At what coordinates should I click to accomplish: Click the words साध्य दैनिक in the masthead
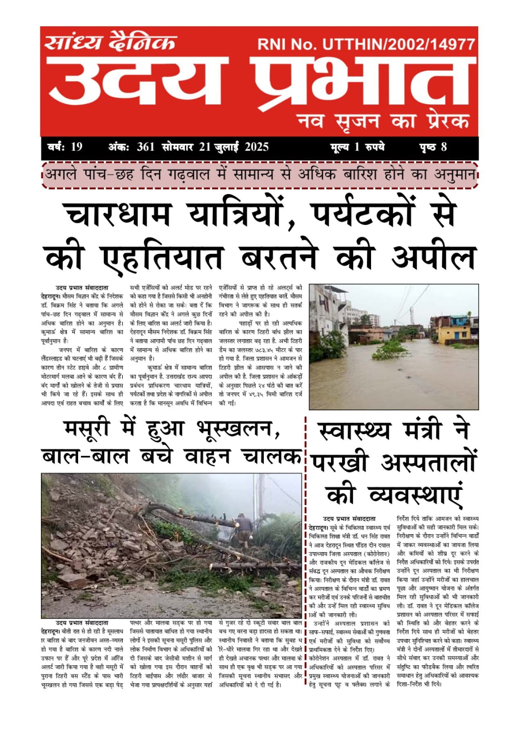(x=110, y=42)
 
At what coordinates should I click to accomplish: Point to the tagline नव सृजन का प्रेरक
(x=383, y=121)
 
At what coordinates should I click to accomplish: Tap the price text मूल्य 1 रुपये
(x=357, y=147)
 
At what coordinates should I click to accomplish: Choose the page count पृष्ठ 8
(x=433, y=147)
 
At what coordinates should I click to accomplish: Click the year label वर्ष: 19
(x=65, y=147)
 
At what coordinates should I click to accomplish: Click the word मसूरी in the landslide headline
(x=87, y=429)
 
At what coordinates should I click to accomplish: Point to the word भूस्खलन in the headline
(x=238, y=429)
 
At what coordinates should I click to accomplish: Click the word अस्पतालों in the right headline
(x=428, y=462)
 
